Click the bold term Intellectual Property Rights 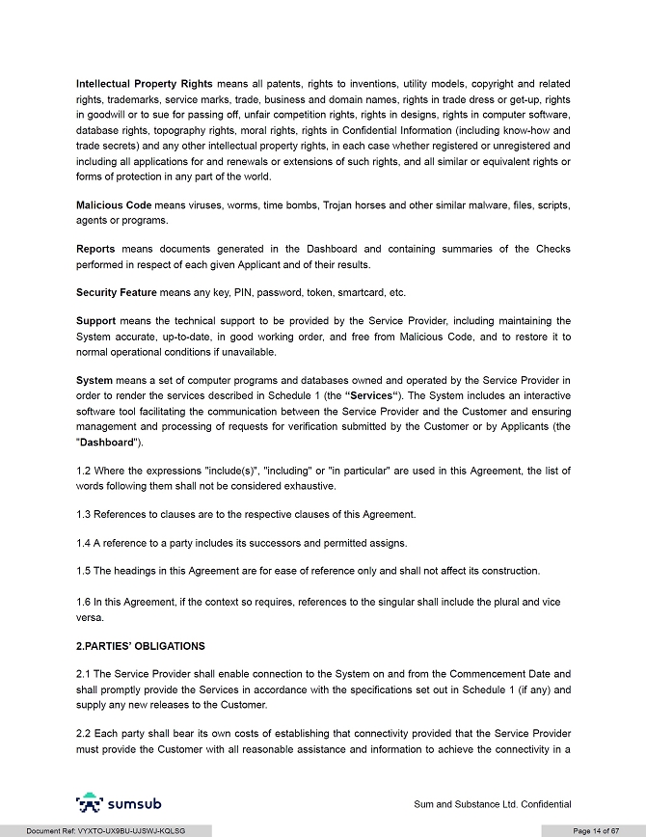coord(145,84)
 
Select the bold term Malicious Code coord(114,205)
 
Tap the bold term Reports coord(96,249)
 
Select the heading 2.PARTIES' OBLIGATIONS coord(140,645)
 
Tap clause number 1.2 coord(84,471)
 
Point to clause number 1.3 coord(84,514)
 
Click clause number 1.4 coord(84,542)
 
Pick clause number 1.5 coord(84,571)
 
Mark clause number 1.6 coord(84,602)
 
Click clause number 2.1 coord(84,673)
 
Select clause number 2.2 coord(84,733)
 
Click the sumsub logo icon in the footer coord(90,803)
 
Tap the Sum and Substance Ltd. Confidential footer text coord(492,804)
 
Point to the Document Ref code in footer coord(106,830)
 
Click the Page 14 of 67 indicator coord(596,830)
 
